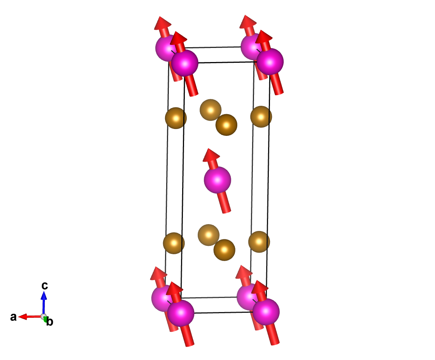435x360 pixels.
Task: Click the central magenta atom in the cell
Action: coord(217,180)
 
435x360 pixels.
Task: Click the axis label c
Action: coord(44,285)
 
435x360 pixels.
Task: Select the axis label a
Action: coord(13,317)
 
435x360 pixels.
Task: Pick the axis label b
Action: coord(50,322)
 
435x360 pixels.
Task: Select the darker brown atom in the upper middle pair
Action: coord(226,125)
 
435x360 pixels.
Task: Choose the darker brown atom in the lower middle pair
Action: coord(224,250)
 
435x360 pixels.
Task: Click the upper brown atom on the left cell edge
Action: coord(176,118)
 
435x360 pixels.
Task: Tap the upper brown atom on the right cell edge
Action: coord(261,117)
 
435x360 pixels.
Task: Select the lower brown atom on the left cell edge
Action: coord(174,242)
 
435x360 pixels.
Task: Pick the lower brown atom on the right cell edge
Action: coord(259,241)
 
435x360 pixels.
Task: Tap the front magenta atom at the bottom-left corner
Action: coord(181,312)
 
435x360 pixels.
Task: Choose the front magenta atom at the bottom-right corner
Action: coord(266,312)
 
